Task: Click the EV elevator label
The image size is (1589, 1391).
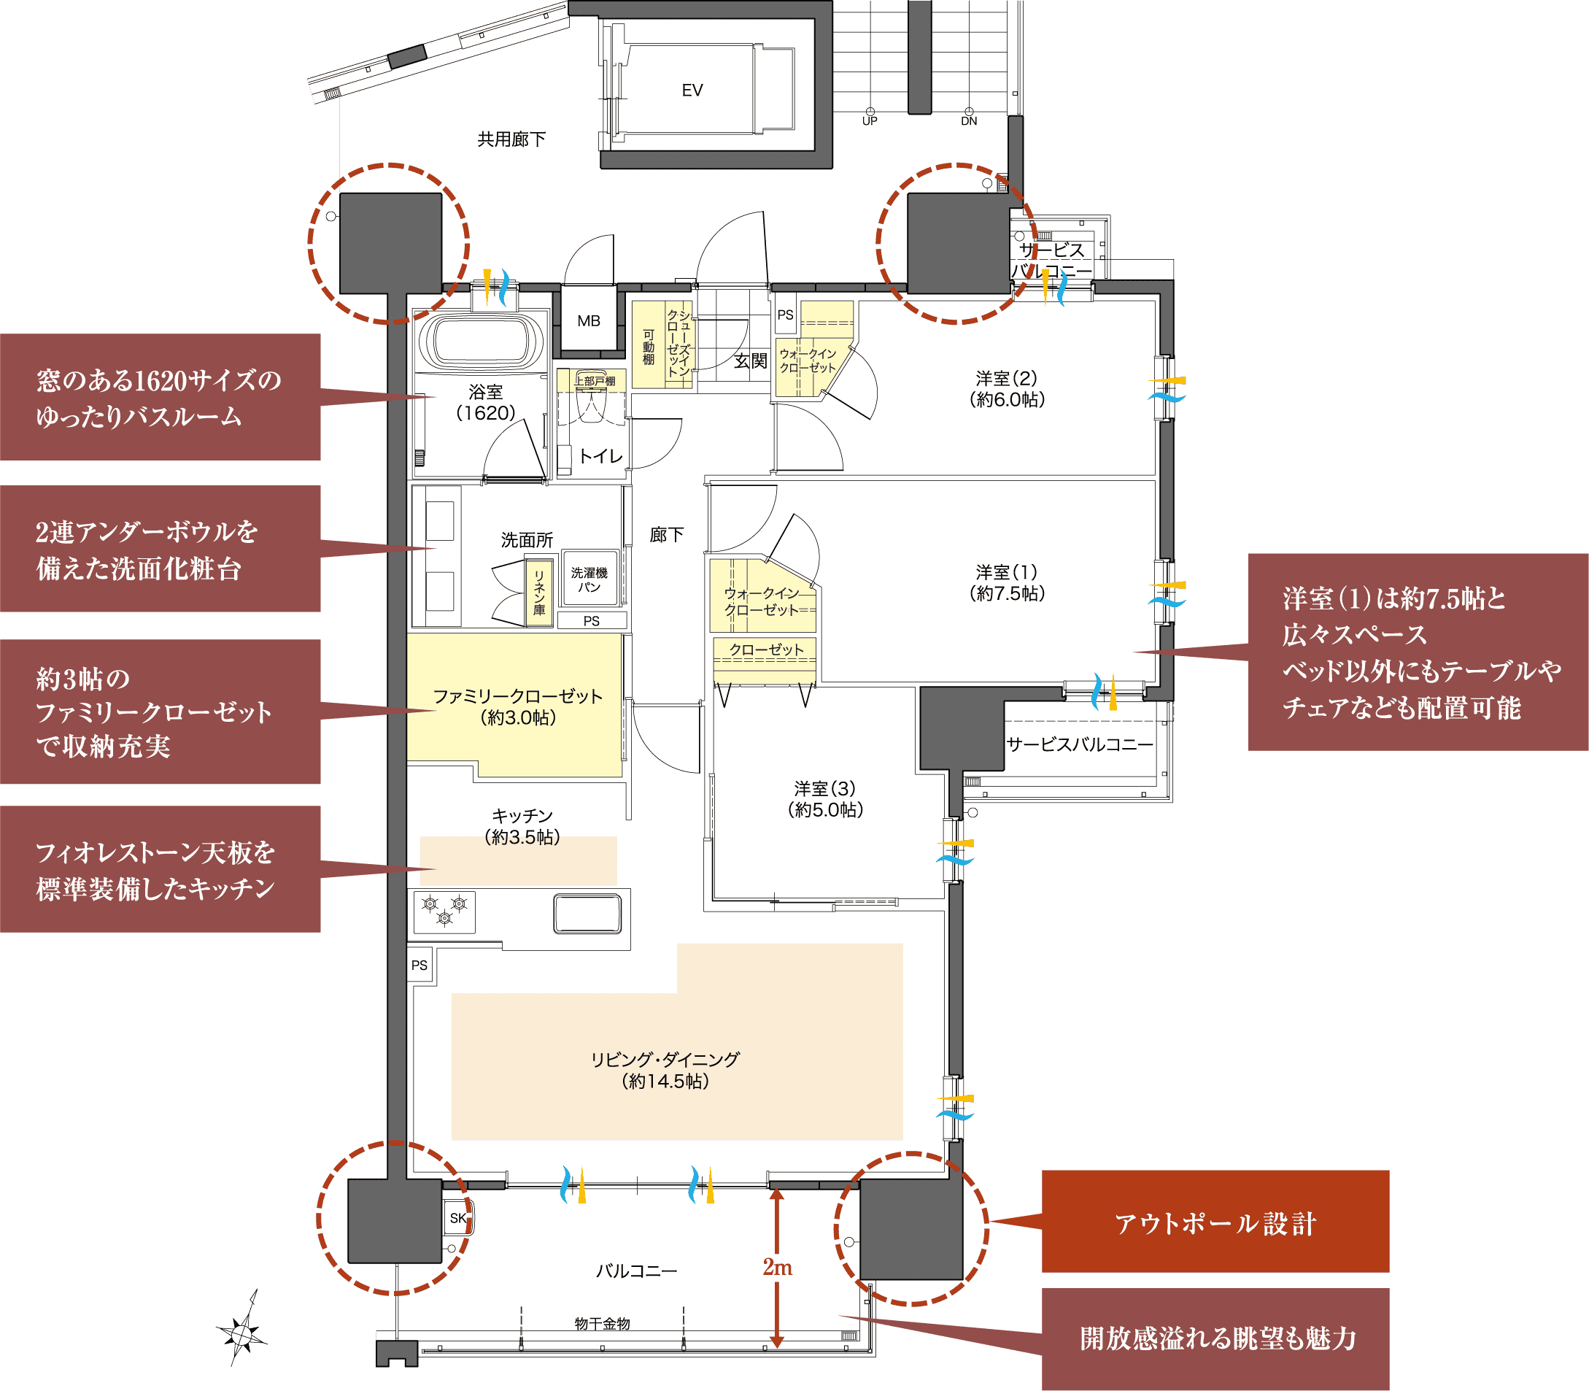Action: tap(692, 90)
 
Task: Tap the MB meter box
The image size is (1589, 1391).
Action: tap(589, 319)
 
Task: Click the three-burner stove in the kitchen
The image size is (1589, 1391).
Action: tap(444, 912)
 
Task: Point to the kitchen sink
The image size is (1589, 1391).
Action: tap(587, 913)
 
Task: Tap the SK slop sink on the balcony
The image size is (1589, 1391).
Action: tap(457, 1217)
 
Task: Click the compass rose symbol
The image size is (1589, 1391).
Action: tap(243, 1332)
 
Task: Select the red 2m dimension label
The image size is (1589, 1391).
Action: tap(778, 1268)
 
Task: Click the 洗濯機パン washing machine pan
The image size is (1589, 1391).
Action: tap(589, 578)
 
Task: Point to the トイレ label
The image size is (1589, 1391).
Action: tap(601, 456)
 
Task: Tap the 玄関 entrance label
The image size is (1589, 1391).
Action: tap(750, 361)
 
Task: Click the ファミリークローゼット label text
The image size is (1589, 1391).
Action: tap(517, 696)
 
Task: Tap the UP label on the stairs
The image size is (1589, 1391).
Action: tap(870, 121)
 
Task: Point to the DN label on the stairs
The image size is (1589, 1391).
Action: tap(969, 121)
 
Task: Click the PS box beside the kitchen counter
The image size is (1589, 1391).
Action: tap(420, 965)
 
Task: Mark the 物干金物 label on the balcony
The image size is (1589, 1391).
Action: tap(602, 1323)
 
